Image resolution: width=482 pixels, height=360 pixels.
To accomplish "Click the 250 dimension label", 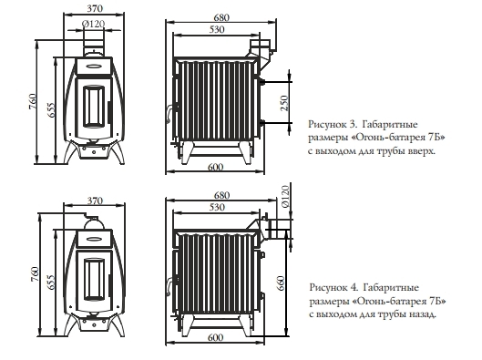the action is (284, 103).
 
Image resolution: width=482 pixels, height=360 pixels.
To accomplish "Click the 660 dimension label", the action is (281, 283).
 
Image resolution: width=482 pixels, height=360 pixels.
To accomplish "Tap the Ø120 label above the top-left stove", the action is (93, 24).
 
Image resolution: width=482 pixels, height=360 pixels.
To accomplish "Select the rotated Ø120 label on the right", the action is (285, 197).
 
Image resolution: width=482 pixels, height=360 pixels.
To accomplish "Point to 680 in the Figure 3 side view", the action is (221, 18).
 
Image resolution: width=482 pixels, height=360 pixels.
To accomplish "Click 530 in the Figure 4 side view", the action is (217, 207).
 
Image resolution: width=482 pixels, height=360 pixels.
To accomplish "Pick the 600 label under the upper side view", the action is (215, 167).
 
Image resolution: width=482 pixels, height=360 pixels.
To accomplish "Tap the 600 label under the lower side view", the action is (215, 337).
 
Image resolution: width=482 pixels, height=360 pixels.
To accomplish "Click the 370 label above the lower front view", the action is (95, 201).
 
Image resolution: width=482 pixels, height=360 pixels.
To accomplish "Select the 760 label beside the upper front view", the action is (33, 101).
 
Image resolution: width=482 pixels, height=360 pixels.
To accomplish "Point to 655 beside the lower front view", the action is (51, 282).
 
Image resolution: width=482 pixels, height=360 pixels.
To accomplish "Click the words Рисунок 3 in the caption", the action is (333, 125).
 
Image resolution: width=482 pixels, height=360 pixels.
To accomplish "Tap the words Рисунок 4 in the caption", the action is (333, 287).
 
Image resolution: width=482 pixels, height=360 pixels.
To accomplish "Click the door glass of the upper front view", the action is (94, 106).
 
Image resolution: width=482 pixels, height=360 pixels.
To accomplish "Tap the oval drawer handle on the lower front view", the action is (94, 239).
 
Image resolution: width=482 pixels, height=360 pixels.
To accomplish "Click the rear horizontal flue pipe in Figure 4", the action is (278, 230).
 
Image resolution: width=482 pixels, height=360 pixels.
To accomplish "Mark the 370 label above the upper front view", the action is (95, 8).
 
